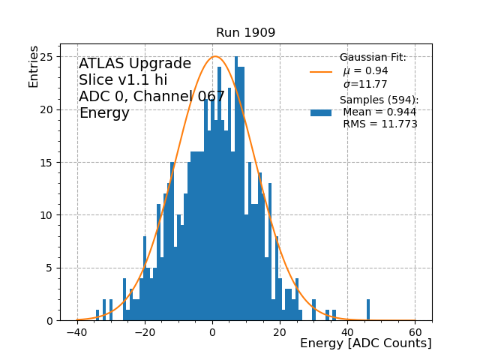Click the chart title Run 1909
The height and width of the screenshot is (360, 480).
(x=245, y=33)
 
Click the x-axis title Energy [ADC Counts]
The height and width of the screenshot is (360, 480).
(x=365, y=343)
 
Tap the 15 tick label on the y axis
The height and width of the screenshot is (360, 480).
(x=49, y=162)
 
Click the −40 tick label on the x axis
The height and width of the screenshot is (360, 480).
(x=76, y=332)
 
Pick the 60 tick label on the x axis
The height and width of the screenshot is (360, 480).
(x=415, y=332)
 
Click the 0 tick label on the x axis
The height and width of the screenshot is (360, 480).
(x=212, y=332)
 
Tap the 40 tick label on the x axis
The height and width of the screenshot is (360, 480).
(x=347, y=332)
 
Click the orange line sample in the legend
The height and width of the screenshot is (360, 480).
(x=321, y=72)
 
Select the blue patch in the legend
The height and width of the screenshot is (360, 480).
(x=321, y=112)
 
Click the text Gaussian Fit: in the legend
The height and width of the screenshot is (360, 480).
(x=373, y=58)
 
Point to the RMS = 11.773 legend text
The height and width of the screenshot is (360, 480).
(x=380, y=124)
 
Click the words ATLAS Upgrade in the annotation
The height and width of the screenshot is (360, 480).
(x=135, y=64)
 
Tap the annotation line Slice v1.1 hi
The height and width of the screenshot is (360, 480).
(x=123, y=80)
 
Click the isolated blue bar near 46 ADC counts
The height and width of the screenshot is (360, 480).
(x=368, y=310)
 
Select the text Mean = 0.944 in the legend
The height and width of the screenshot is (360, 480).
(x=379, y=112)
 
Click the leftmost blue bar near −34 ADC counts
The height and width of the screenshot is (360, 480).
(x=97, y=316)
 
